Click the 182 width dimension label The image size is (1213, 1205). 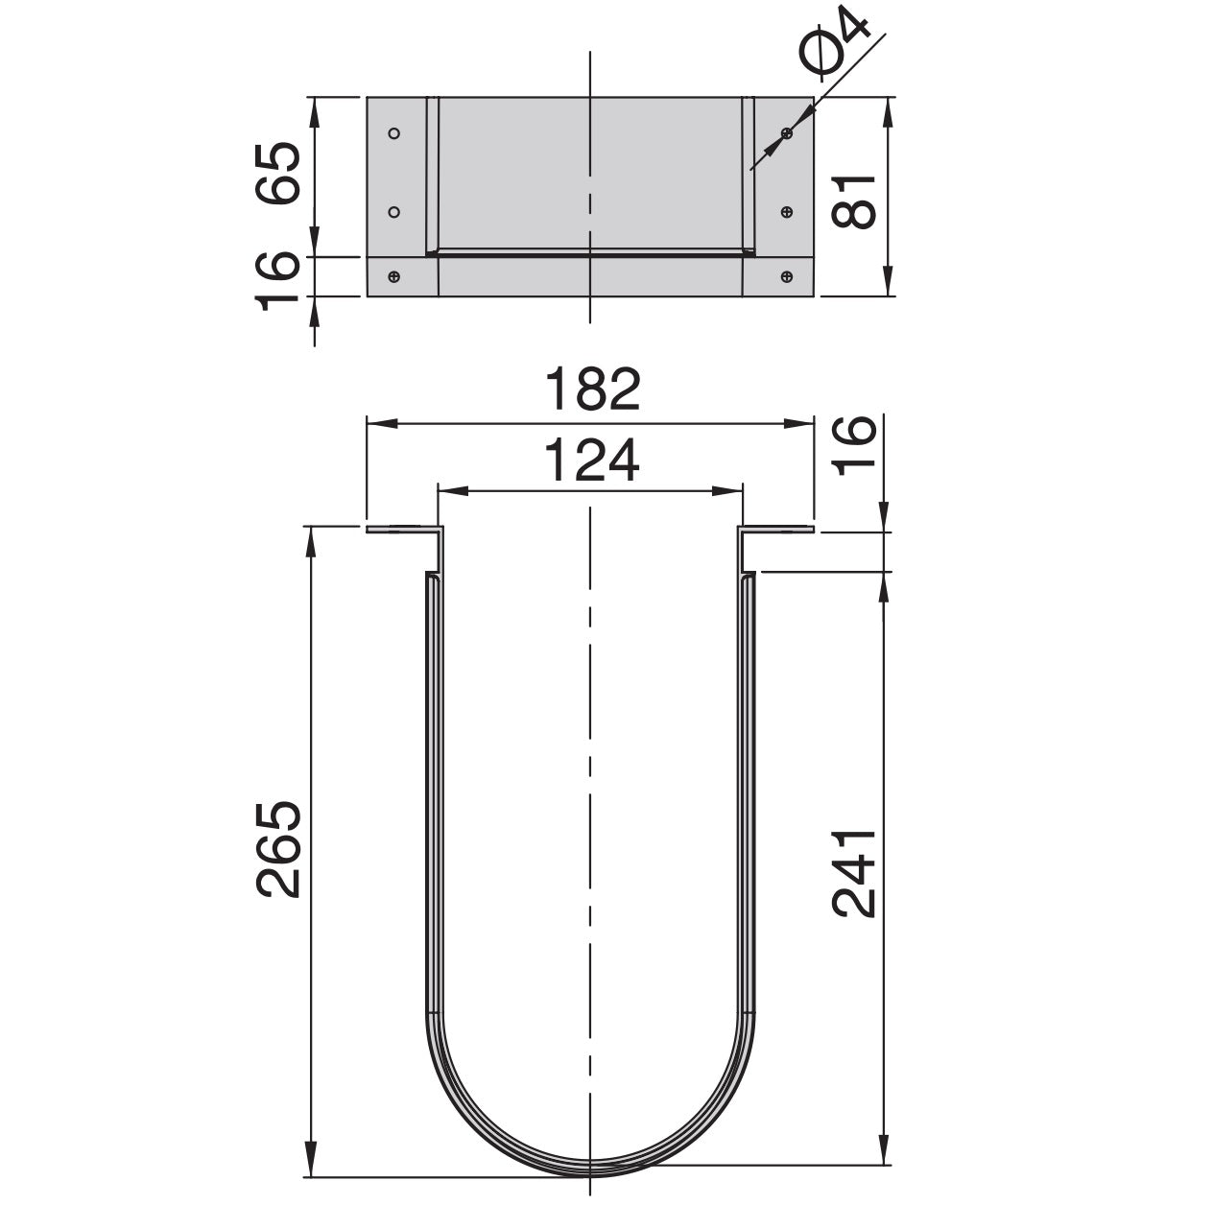click(591, 390)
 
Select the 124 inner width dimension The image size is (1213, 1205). click(591, 461)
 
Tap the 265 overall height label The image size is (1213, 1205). click(279, 849)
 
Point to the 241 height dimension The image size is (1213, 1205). click(853, 873)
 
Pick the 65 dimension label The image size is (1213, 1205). click(279, 173)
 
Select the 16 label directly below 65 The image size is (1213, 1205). click(279, 281)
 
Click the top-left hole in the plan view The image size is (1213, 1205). click(393, 133)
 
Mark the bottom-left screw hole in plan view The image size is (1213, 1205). click(393, 277)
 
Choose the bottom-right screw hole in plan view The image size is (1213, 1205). click(787, 277)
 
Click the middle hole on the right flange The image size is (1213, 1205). click(787, 211)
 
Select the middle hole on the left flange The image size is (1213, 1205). click(393, 211)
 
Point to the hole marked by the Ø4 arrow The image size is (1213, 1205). click(787, 133)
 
